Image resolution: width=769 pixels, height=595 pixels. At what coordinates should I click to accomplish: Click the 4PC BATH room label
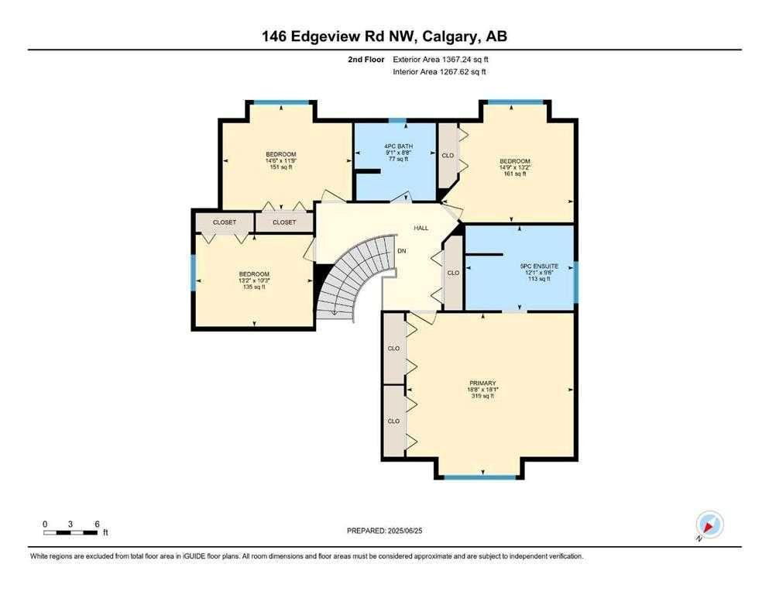coord(398,146)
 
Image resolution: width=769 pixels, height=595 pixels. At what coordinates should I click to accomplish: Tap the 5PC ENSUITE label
coord(539,266)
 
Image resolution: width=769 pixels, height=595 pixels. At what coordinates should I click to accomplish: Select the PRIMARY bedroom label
coord(482,383)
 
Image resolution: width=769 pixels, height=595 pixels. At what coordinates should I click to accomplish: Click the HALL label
coord(421,228)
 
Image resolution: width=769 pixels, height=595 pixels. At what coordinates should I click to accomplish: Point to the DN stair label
coord(402,251)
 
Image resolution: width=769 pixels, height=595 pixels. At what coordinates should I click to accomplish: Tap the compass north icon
coord(709,524)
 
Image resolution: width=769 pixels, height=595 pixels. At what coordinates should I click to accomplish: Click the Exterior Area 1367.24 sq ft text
coord(441,60)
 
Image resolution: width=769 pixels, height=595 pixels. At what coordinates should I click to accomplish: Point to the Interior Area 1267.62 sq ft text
coord(439,71)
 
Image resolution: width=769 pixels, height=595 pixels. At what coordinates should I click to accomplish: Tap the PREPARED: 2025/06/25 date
coord(384,531)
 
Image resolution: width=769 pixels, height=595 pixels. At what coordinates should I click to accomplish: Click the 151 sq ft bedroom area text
coord(281,167)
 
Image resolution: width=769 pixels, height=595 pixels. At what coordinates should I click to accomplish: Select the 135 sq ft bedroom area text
coord(254,287)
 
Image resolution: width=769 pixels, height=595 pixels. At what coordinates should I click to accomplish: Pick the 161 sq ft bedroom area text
coord(515,173)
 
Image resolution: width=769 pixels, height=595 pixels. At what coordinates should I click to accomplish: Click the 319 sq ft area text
coord(482,396)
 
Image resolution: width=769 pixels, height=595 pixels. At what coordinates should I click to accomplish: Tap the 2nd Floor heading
coord(366,60)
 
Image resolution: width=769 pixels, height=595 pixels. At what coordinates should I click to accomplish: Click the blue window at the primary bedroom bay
coord(480,476)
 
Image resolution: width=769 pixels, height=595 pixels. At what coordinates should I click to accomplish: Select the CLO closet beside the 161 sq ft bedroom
coord(448,156)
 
